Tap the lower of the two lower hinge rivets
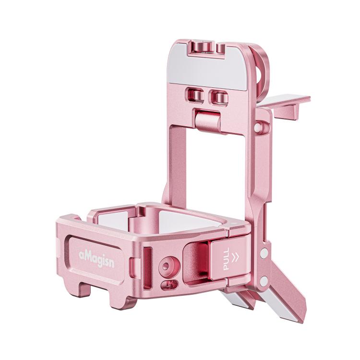click(x=264, y=279)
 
